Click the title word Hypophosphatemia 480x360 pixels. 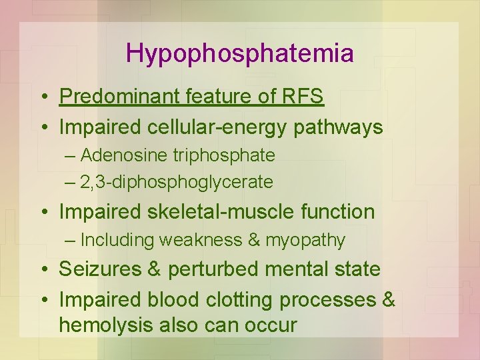[x=240, y=53]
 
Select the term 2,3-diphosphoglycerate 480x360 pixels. [x=176, y=181]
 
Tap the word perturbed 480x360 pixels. [x=212, y=269]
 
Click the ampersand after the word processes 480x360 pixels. [x=389, y=300]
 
